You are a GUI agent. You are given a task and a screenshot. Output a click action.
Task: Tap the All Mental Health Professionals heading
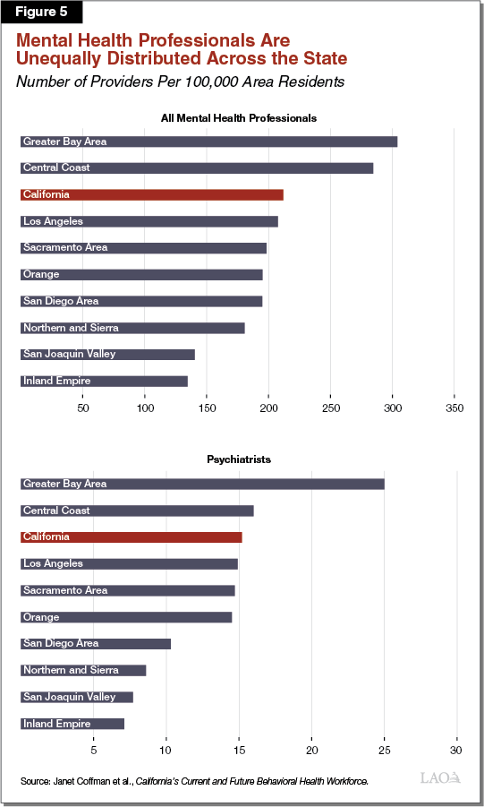point(238,118)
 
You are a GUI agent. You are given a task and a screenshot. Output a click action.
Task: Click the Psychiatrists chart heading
point(238,459)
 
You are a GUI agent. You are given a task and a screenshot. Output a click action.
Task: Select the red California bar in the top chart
point(151,194)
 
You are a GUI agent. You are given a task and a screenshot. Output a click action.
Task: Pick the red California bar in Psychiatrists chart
point(131,537)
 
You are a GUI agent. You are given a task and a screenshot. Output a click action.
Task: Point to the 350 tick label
point(454,408)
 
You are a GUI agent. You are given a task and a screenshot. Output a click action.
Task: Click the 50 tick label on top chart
point(82,408)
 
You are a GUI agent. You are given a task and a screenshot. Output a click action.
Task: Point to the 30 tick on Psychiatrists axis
point(457,749)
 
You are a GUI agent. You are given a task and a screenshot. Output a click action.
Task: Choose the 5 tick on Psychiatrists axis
point(93,749)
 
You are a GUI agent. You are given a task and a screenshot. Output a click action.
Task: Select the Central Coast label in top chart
point(56,167)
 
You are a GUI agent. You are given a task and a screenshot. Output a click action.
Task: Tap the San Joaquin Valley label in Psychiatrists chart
point(69,697)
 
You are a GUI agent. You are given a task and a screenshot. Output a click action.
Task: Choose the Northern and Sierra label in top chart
point(71,328)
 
